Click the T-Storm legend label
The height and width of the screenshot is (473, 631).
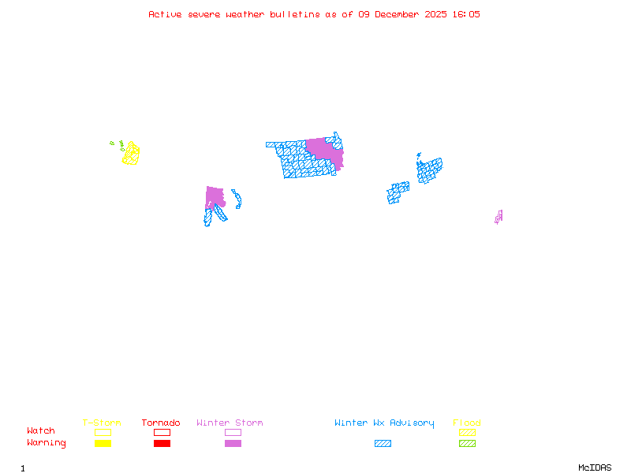[102, 423]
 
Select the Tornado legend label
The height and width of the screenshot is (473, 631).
[161, 423]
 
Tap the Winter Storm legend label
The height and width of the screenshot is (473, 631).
[230, 423]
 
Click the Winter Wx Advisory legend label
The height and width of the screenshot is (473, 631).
[384, 423]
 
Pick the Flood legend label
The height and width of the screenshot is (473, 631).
[467, 423]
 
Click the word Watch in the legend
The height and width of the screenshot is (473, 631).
[41, 431]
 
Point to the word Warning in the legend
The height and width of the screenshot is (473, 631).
[47, 443]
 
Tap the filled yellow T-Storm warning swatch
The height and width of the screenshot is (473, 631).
[103, 444]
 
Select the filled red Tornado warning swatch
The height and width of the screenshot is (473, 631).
[162, 444]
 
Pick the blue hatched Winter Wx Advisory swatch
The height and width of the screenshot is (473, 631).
[383, 444]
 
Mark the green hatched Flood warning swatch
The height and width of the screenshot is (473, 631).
[467, 444]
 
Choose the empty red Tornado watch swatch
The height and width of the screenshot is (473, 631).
[162, 432]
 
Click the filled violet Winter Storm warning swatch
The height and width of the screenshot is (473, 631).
[233, 444]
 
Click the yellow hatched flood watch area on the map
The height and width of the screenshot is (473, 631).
[131, 153]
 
